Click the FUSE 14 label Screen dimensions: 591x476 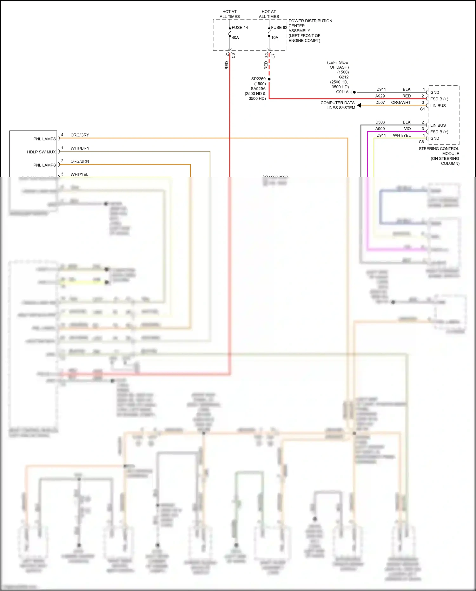tap(240, 28)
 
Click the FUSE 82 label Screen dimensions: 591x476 tap(279, 28)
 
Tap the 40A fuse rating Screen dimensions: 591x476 tap(235, 37)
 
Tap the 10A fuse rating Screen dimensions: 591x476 tap(274, 37)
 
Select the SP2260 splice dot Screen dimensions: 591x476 tap(269, 79)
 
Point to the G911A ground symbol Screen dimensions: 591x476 tap(353, 92)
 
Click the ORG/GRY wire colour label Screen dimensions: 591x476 tap(80, 135)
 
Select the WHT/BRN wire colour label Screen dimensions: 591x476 tap(80, 148)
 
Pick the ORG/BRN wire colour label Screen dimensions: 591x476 tap(80, 161)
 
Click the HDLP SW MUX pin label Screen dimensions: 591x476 tap(41, 152)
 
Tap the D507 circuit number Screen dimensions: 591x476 tap(380, 103)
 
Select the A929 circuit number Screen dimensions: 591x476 tap(380, 96)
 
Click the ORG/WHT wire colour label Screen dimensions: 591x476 tap(401, 103)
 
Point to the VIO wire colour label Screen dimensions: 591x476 tap(407, 129)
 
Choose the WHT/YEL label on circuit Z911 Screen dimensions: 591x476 tap(402, 135)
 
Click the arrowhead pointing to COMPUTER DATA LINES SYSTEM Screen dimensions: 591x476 tap(359, 105)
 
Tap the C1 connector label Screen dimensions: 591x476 tap(422, 109)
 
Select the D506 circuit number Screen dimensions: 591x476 tap(380, 122)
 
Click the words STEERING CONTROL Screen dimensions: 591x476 tap(439, 149)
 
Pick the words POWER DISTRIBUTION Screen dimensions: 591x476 tap(310, 21)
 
